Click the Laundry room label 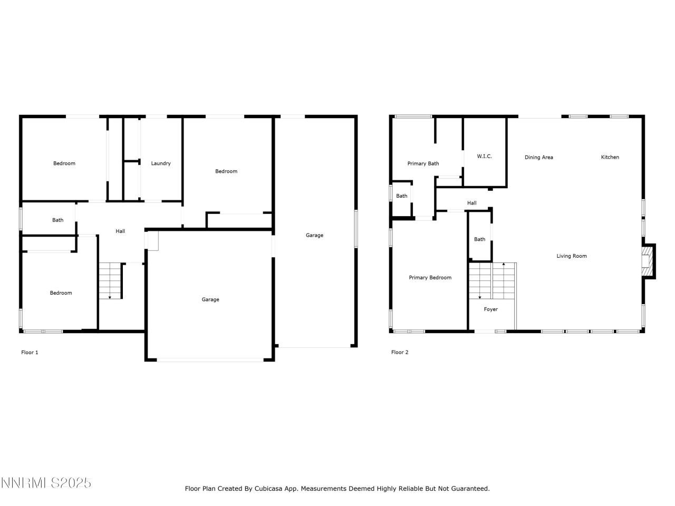(161, 163)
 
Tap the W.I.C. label (484, 157)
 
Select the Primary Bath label (423, 163)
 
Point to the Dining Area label (538, 157)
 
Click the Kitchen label (610, 157)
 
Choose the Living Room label (571, 256)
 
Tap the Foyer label (490, 309)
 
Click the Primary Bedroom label (430, 278)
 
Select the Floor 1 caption (30, 353)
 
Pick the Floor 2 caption (399, 353)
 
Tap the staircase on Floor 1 (110, 281)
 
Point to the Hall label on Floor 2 (471, 203)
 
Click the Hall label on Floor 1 (120, 231)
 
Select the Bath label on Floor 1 (57, 220)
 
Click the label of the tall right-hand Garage (314, 235)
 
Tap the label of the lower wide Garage (210, 299)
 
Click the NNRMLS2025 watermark (46, 483)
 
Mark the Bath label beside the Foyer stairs (479, 239)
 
